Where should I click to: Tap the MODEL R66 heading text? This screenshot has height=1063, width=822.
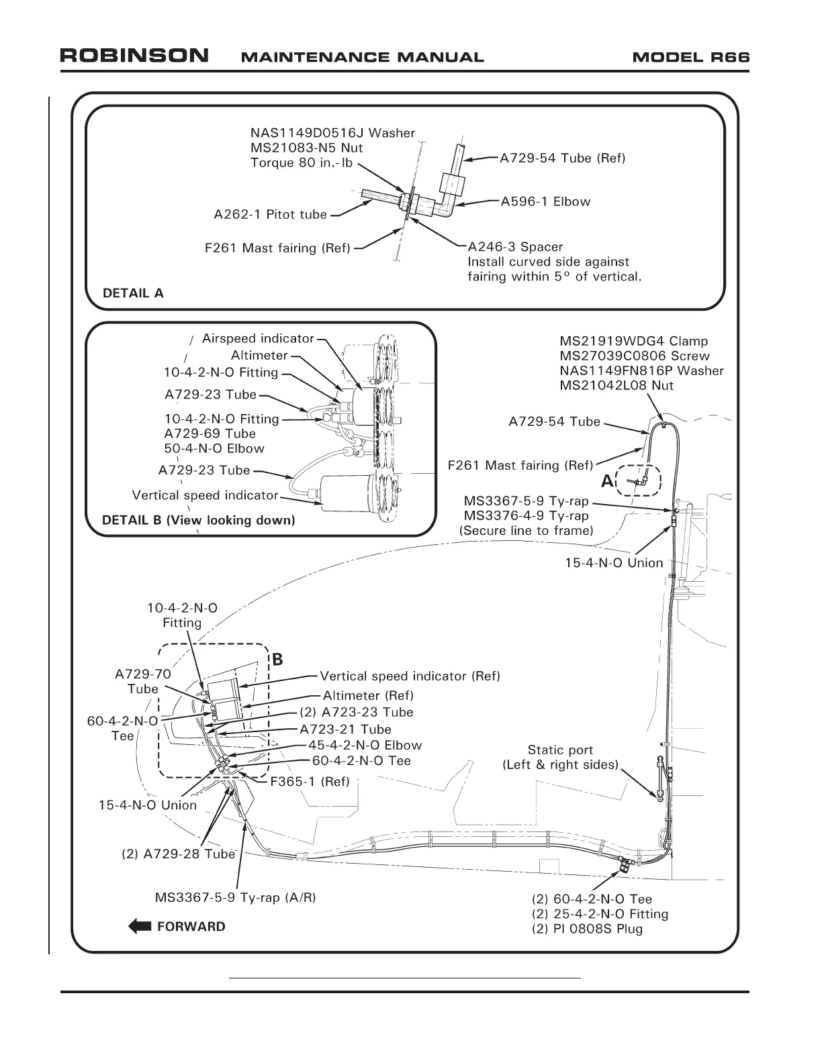(690, 57)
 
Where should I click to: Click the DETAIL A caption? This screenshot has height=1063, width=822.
(132, 293)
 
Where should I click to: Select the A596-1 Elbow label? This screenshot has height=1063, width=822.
(545, 201)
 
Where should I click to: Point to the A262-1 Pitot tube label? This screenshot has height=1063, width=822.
(270, 215)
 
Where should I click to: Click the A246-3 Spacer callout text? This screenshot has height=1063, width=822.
(515, 247)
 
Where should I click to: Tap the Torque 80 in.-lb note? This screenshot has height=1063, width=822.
(302, 163)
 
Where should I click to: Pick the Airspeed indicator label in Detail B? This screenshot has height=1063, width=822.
(258, 339)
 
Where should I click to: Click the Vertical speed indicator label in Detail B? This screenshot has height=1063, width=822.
(205, 495)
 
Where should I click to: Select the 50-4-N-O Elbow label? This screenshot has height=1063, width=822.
(214, 448)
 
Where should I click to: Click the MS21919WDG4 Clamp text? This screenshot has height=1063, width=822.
(633, 341)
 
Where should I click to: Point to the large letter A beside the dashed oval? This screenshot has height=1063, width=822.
(607, 480)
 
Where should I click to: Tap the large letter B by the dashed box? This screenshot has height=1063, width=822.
(277, 660)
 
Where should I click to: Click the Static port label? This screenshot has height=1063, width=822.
(560, 750)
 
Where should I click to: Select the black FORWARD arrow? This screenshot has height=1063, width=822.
(140, 927)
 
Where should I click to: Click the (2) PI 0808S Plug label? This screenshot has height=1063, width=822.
(587, 929)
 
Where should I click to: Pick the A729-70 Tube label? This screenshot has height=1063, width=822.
(143, 681)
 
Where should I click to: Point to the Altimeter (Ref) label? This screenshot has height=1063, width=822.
(367, 695)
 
